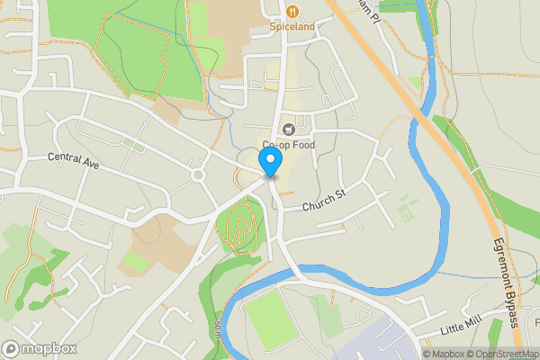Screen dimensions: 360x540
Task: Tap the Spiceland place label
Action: click(292, 27)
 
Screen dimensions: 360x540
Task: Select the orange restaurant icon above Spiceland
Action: click(292, 11)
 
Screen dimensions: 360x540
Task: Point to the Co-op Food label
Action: click(289, 145)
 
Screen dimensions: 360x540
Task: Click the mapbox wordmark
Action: click(49, 348)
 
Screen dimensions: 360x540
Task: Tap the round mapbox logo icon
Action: click(12, 348)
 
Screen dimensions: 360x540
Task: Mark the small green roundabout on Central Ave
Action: click(197, 175)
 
